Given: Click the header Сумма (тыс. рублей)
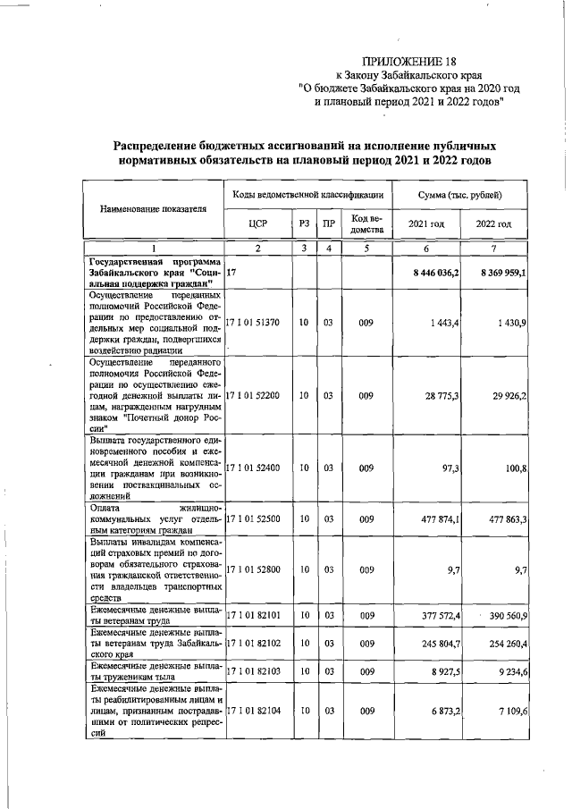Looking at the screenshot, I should tap(460, 194).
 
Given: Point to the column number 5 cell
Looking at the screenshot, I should tap(366, 248).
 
